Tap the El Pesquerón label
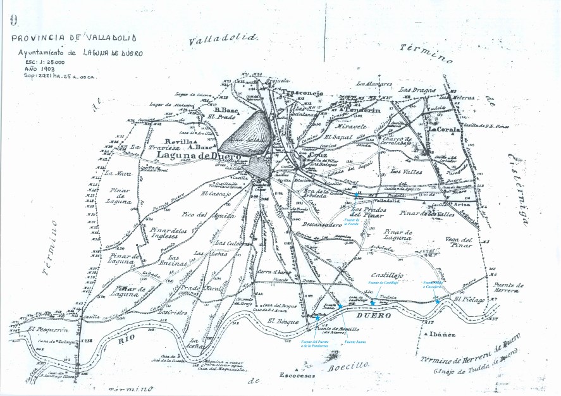click(48, 329)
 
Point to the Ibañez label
click(444, 334)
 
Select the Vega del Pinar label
click(459, 243)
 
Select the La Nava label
click(117, 173)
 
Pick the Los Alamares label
click(374, 84)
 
